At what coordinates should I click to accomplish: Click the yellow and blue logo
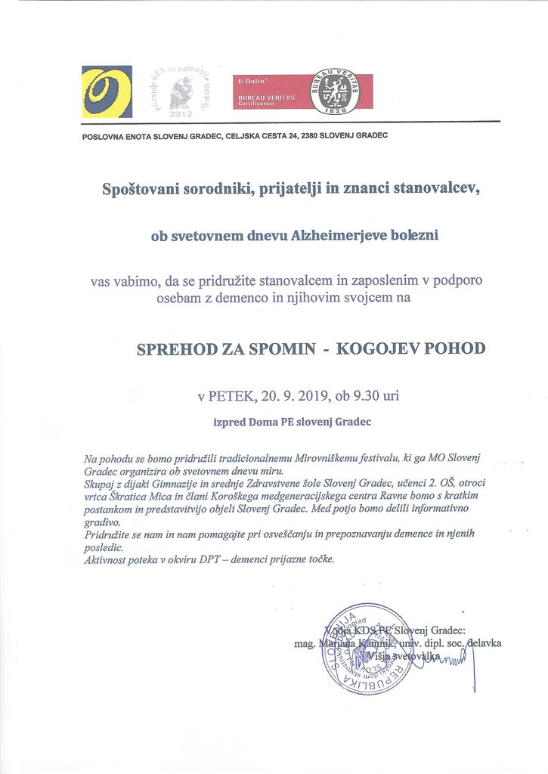[x=107, y=91]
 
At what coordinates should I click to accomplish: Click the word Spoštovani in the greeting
[x=143, y=189]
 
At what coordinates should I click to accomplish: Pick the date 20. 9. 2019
[x=299, y=395]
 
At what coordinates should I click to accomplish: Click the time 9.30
[x=367, y=395]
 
